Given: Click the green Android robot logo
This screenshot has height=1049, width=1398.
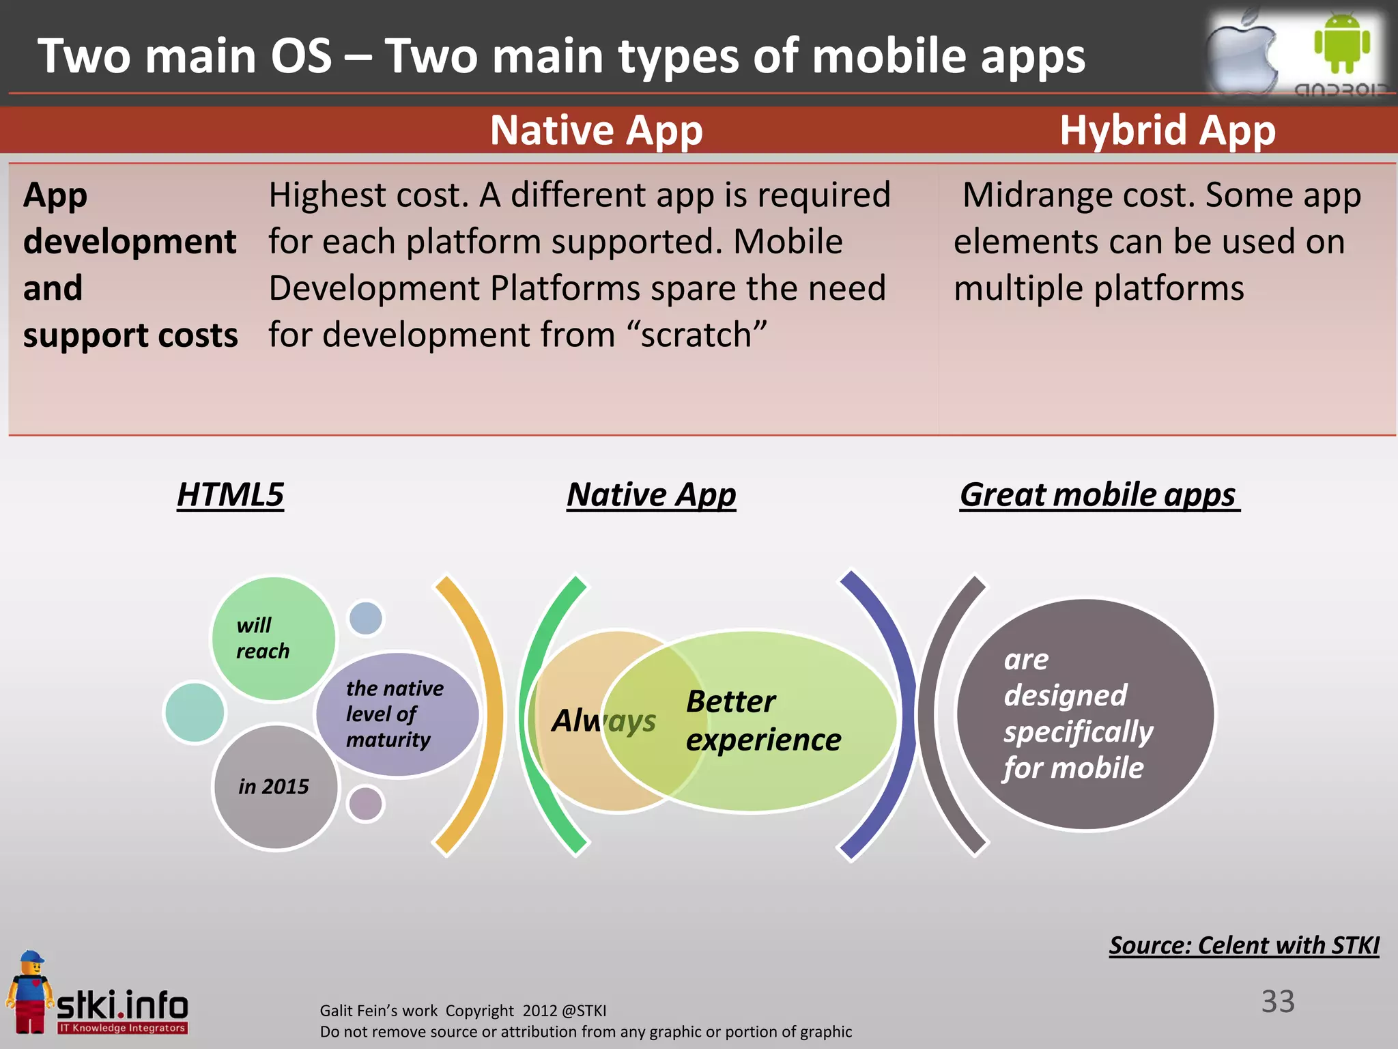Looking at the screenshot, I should [x=1341, y=42].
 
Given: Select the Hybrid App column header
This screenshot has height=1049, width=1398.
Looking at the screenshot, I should [x=1167, y=130].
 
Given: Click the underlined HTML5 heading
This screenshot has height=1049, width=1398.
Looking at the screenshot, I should [x=230, y=494].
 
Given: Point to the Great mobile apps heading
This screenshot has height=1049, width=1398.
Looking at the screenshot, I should [x=1098, y=494].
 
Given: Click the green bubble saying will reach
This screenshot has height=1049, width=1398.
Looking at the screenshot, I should [x=273, y=638].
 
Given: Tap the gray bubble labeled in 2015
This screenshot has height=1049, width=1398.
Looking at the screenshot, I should [x=274, y=787].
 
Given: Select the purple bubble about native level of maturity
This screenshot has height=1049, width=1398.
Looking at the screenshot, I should [x=396, y=714].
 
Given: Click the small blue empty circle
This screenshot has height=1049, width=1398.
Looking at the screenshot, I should [x=366, y=618].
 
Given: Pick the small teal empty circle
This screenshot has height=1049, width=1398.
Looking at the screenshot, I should [x=195, y=712].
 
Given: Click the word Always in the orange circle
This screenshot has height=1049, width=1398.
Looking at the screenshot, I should [x=603, y=721].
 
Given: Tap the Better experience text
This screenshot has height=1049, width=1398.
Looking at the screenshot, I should [x=763, y=721].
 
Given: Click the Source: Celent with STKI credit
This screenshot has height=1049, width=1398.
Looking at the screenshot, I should [x=1244, y=945].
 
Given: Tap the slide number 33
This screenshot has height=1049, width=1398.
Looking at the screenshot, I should [x=1277, y=1001].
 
